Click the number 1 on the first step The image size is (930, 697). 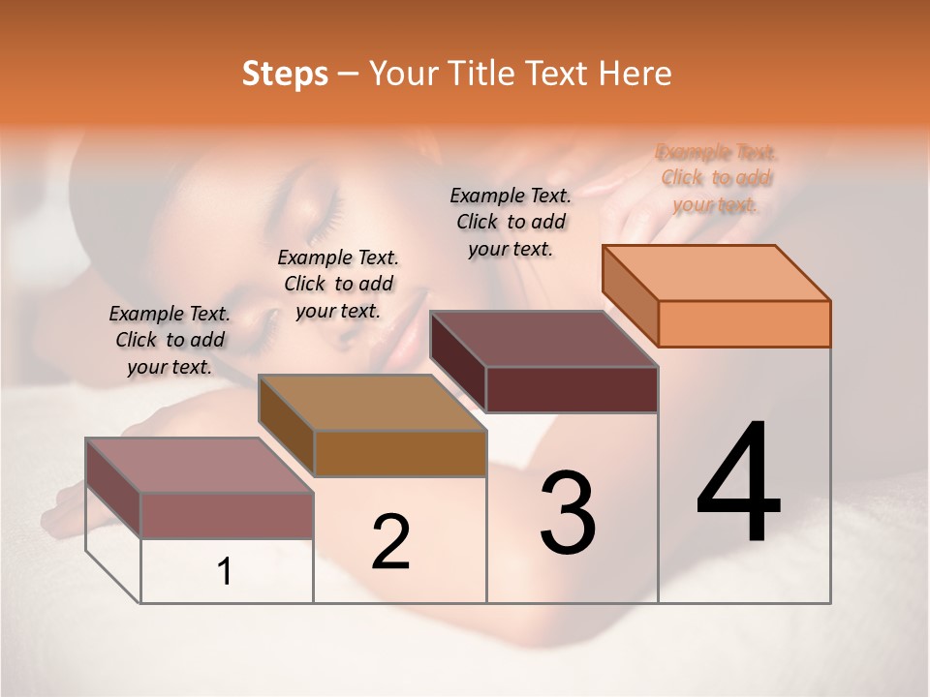click(x=225, y=572)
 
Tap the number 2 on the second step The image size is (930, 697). click(x=390, y=541)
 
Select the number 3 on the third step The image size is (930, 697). click(x=567, y=512)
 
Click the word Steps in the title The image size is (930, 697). click(x=285, y=74)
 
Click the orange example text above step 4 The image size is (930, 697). click(x=716, y=178)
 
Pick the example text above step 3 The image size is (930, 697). click(x=511, y=222)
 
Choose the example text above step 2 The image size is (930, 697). click(x=338, y=284)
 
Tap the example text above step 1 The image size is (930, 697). click(x=170, y=340)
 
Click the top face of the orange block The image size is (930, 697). click(x=716, y=272)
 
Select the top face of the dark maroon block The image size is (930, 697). click(x=543, y=339)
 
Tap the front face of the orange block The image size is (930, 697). click(x=744, y=323)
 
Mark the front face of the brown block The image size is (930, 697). click(x=399, y=453)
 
